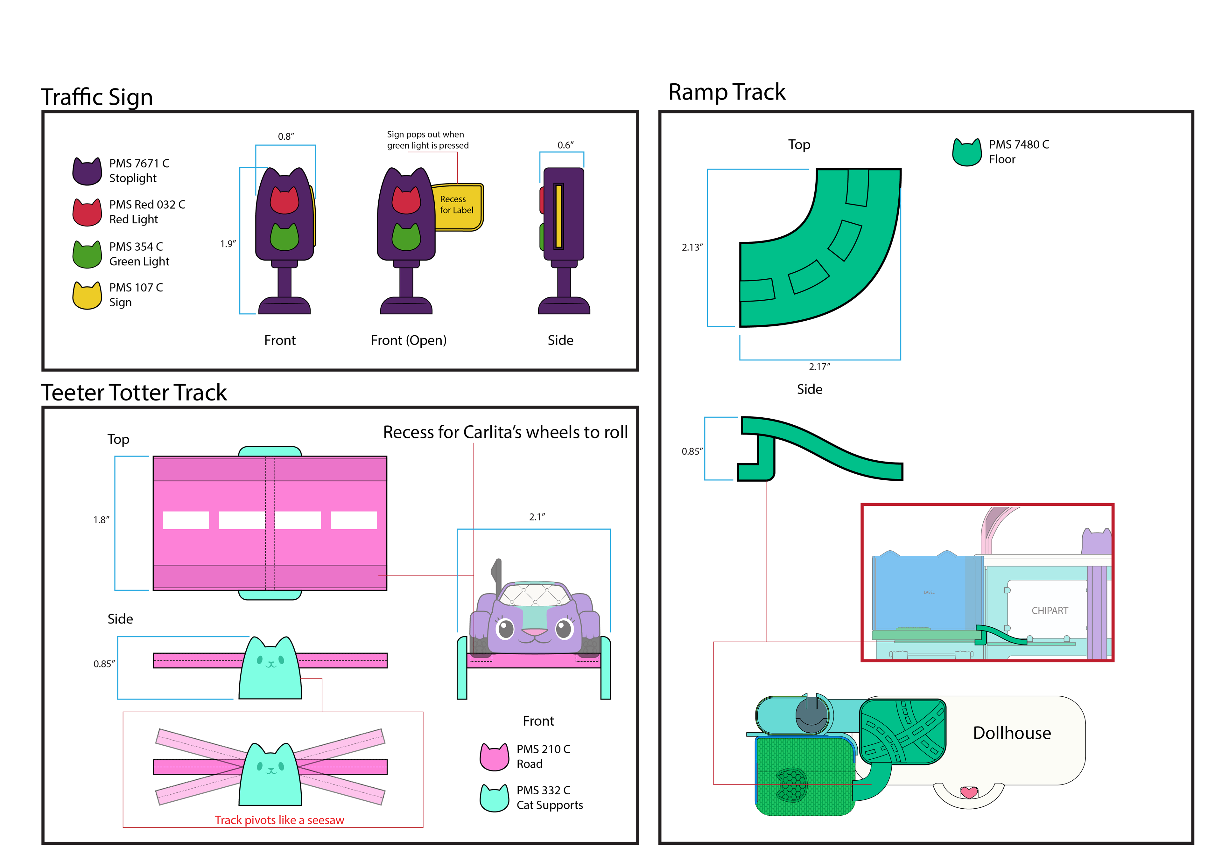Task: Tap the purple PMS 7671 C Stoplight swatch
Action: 87,172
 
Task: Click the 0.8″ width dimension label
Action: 286,137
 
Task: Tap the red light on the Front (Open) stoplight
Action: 406,200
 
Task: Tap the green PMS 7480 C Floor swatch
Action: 966,153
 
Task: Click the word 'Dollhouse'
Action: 1012,733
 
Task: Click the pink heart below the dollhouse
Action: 969,793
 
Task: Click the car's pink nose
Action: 534,632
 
